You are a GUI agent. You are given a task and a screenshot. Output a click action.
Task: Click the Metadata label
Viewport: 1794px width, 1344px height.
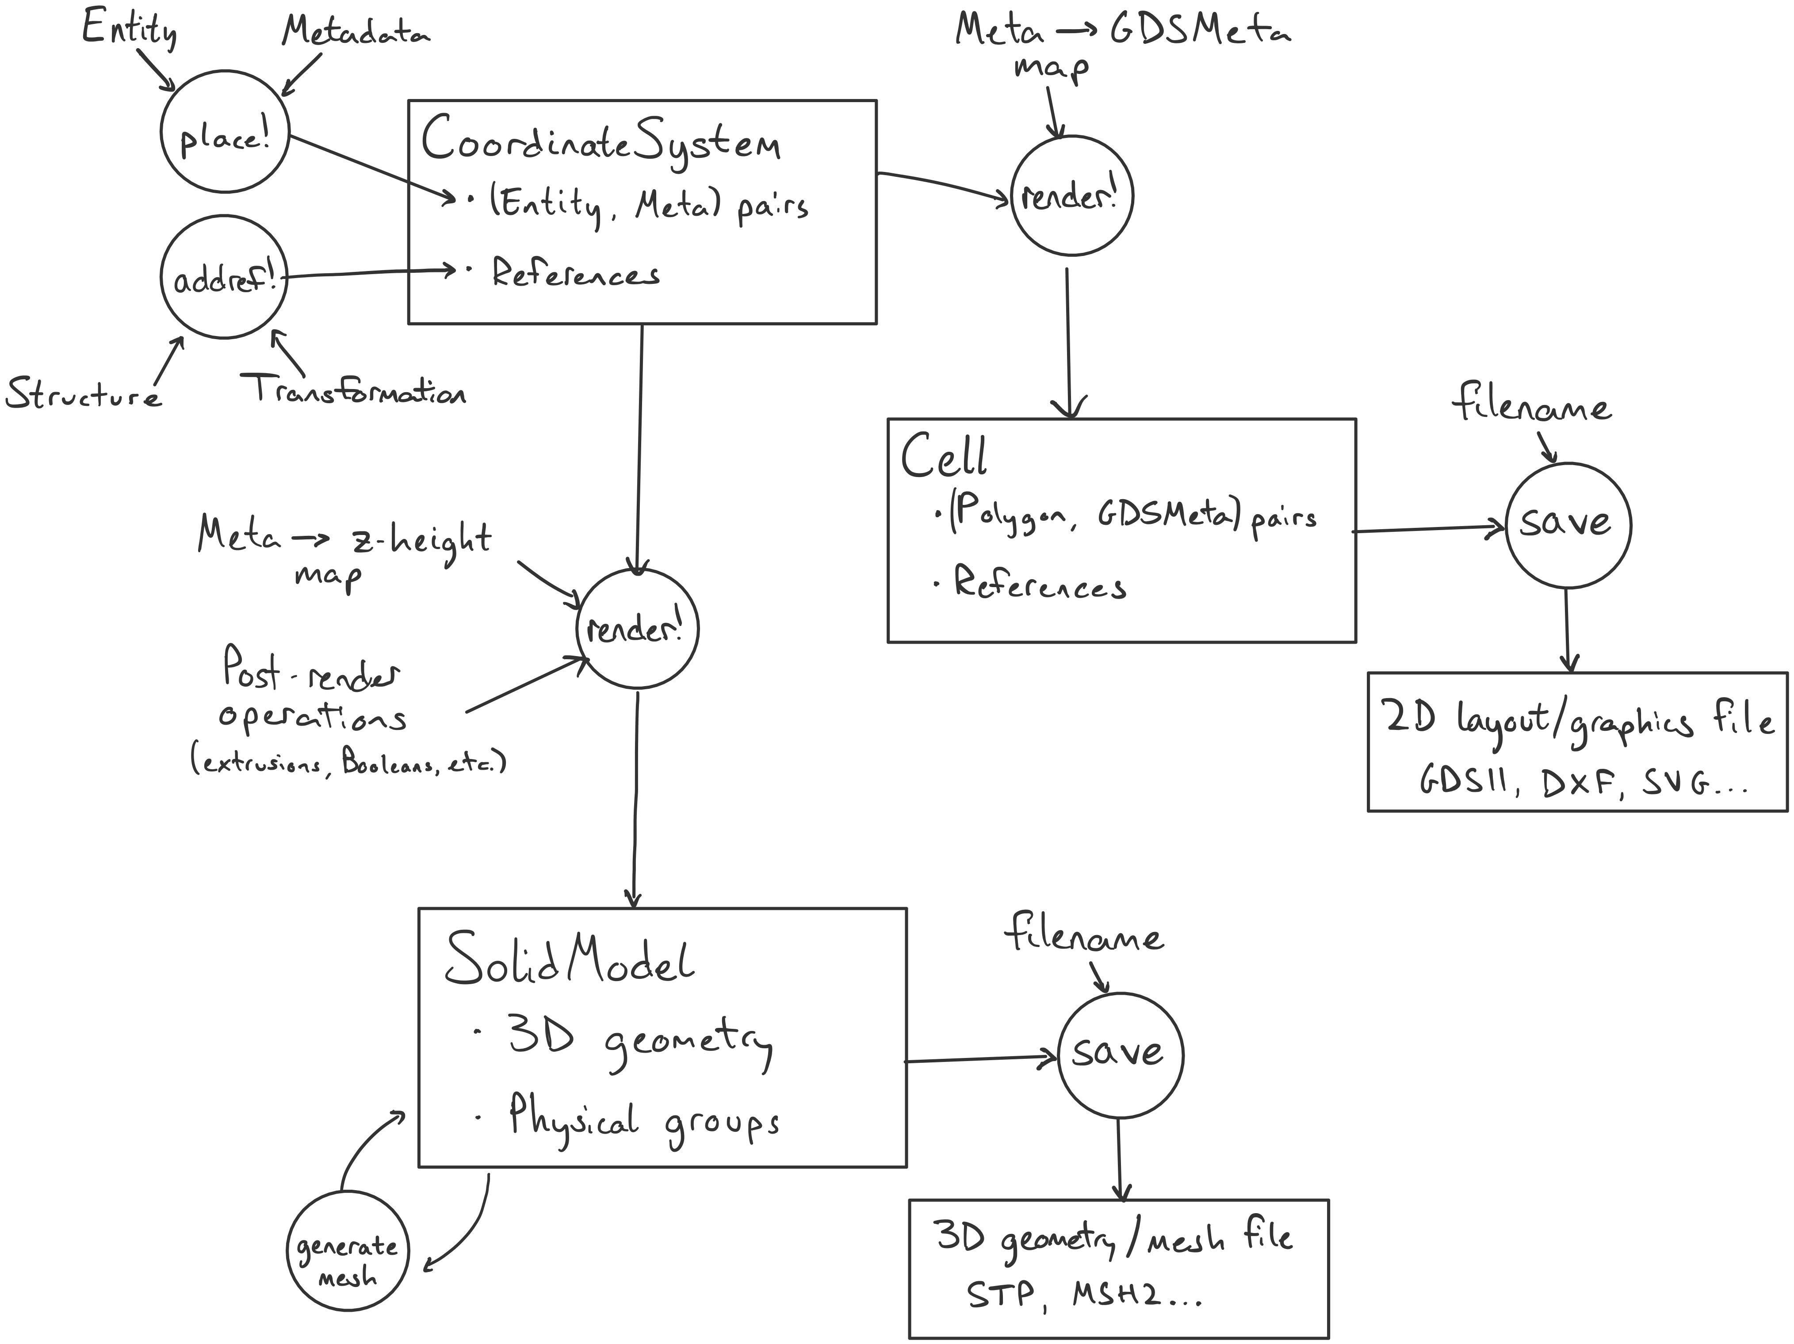[x=355, y=32]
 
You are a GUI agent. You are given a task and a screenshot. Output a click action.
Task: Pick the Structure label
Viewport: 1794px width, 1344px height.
[x=83, y=395]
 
